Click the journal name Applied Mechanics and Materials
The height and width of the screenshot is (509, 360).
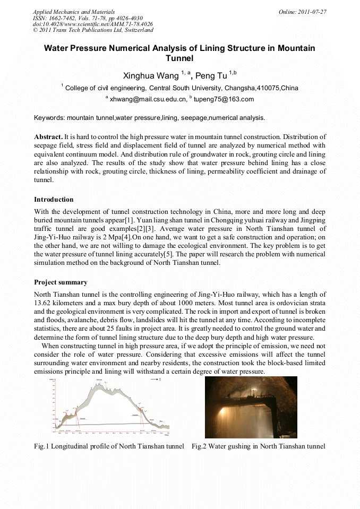73,12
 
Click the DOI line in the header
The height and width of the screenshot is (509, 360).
92,24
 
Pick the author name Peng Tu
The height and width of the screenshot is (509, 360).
211,76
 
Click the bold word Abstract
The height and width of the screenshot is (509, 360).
48,137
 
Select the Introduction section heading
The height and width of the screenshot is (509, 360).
54,200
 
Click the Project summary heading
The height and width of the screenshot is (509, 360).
61,282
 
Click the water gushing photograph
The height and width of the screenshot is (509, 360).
251,407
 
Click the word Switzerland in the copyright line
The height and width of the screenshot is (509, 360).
136,30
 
